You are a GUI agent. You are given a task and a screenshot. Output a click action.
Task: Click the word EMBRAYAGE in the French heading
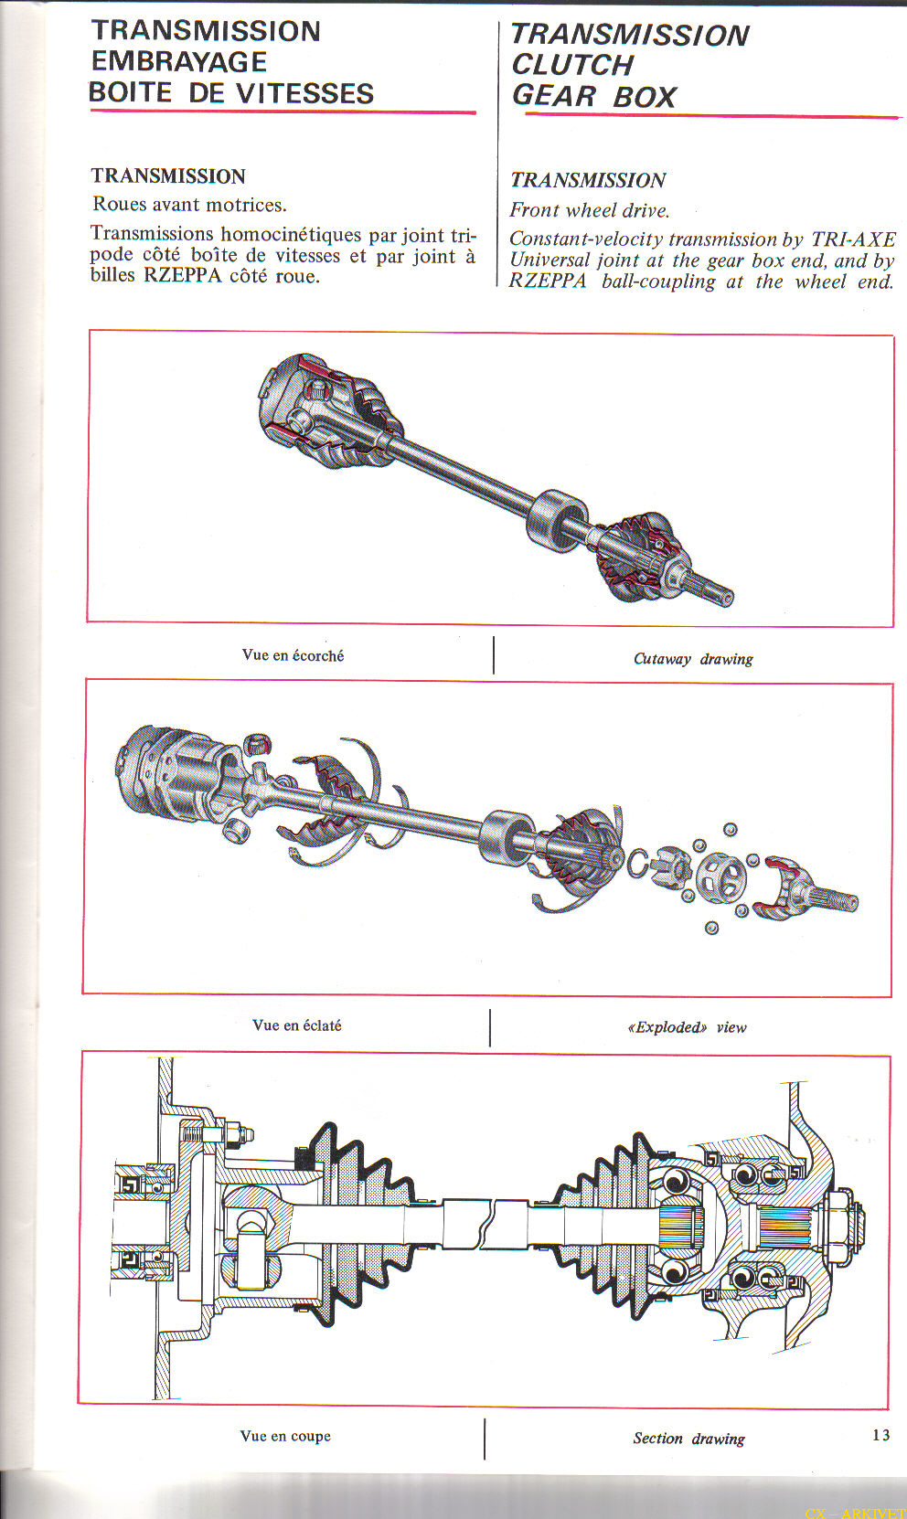click(179, 62)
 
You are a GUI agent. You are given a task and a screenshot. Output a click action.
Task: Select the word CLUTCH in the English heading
click(572, 65)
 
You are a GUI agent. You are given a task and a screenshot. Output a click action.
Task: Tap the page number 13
click(881, 1434)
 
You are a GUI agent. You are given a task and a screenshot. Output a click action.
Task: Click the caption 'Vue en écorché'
click(293, 655)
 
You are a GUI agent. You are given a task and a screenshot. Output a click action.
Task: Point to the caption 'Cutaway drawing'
click(693, 658)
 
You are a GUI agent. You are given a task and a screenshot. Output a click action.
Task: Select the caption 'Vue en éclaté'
click(296, 1025)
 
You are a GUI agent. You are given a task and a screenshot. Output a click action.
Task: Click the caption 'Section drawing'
click(688, 1438)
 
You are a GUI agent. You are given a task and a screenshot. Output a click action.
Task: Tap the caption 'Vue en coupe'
click(285, 1436)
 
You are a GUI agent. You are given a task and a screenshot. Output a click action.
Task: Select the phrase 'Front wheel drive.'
click(590, 210)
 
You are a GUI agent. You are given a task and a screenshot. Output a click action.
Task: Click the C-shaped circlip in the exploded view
click(637, 864)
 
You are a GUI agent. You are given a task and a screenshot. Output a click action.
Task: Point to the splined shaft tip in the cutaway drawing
click(712, 589)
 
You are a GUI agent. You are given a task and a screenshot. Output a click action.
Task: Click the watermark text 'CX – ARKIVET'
click(856, 1513)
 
